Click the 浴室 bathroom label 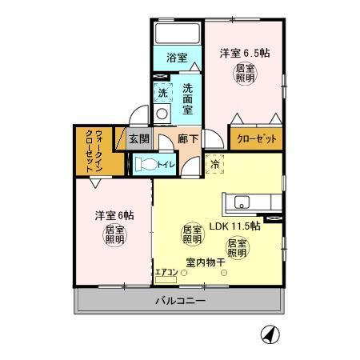pyautogui.click(x=176, y=58)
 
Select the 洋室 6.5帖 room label pyautogui.click(x=245, y=54)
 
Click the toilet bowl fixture pyautogui.click(x=145, y=164)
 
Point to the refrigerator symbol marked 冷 pyautogui.click(x=215, y=164)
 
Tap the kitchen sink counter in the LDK pyautogui.click(x=250, y=202)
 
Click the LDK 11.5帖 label pyautogui.click(x=234, y=226)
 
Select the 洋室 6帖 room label pyautogui.click(x=114, y=216)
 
